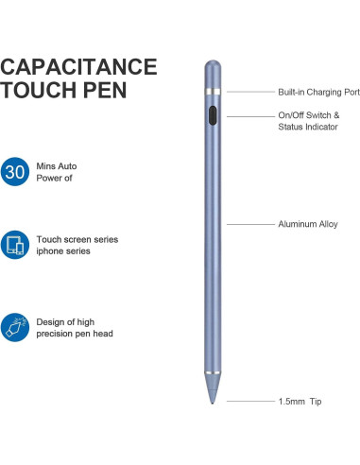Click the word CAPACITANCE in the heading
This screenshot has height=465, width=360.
point(78,67)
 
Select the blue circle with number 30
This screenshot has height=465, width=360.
point(14,173)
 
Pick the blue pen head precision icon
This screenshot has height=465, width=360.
point(14,327)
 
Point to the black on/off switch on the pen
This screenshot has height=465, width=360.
point(213,116)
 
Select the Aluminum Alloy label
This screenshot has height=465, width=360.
point(307,224)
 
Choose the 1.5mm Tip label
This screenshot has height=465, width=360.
point(300,402)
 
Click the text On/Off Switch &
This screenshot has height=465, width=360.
point(308,115)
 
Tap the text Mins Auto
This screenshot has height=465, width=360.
point(57,166)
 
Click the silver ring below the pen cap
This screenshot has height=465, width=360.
point(213,92)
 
